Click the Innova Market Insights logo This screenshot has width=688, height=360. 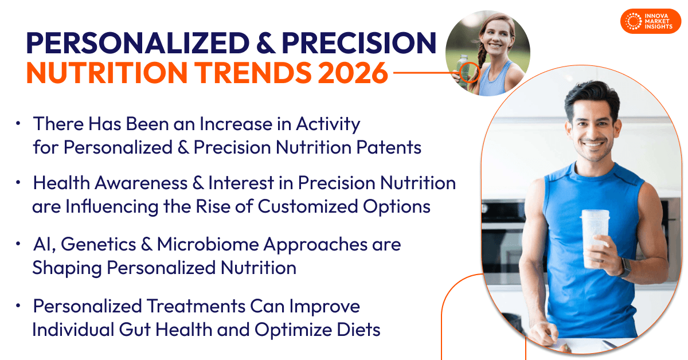(x=651, y=21)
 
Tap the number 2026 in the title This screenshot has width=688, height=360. (x=353, y=73)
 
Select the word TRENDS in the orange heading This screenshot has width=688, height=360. (x=254, y=73)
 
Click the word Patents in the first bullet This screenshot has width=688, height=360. (x=389, y=147)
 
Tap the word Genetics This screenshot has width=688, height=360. (x=98, y=245)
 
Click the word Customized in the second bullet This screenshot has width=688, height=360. (x=308, y=206)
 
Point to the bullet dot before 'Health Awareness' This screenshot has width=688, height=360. (x=18, y=183)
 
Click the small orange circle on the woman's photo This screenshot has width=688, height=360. (x=470, y=73)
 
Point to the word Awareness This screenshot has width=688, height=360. (x=141, y=183)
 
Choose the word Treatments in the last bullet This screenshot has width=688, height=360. (x=196, y=306)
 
